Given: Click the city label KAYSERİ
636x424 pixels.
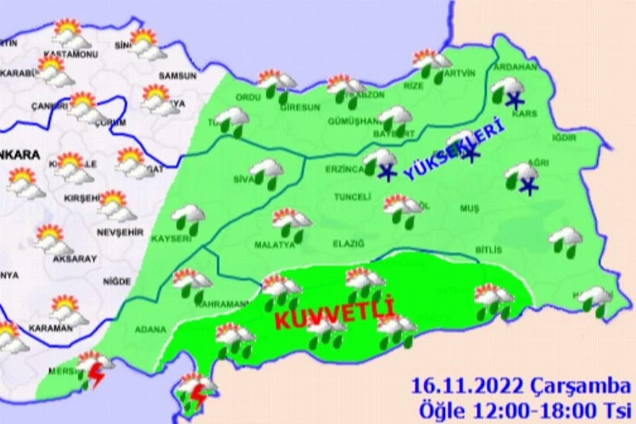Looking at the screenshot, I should [169, 240].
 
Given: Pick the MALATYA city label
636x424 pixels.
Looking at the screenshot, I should [274, 245].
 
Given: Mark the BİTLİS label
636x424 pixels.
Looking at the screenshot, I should [489, 250].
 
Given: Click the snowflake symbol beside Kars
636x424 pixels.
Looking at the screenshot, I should [513, 102].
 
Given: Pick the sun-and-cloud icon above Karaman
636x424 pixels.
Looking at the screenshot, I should [66, 307].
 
